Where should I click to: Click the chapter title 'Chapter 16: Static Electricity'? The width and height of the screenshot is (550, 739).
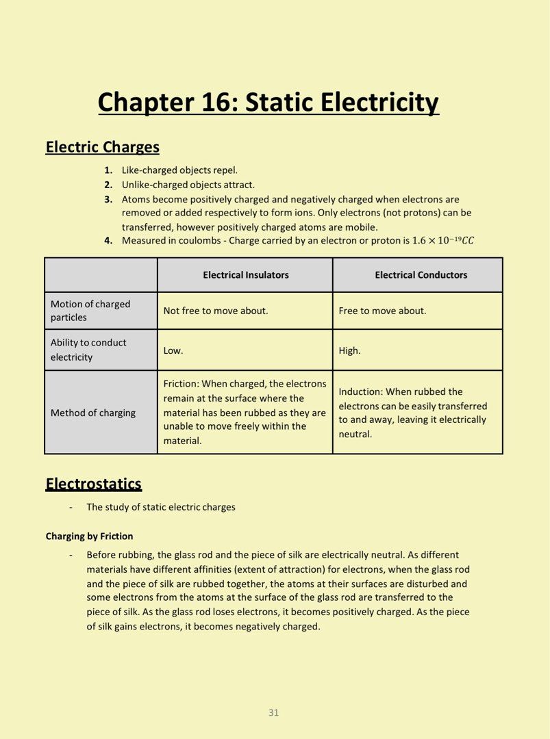268,103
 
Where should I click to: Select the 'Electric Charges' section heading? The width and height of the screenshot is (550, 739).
102,147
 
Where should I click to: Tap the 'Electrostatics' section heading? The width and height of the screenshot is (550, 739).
93,484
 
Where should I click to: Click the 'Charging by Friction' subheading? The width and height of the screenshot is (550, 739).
89,536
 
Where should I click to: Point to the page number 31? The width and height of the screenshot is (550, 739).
273,712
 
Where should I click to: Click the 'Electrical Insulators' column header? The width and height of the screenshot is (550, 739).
245,275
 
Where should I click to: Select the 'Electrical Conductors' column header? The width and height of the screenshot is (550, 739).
421,275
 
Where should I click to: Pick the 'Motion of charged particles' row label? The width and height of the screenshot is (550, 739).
90,311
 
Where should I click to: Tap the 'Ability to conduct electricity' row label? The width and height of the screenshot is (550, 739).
88,350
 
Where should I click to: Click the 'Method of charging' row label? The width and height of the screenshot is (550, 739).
93,413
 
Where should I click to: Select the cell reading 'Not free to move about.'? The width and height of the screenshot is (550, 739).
216,311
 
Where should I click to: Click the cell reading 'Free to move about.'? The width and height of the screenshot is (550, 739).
382,311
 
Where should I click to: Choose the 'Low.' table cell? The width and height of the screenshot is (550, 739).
173,350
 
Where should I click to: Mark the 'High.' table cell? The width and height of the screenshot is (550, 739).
349,350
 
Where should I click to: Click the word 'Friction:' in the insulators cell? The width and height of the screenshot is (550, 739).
181,384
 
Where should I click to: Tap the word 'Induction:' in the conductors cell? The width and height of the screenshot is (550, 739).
360,391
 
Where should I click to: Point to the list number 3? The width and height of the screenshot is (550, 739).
108,200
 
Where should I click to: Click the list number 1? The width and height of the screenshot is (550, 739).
108,170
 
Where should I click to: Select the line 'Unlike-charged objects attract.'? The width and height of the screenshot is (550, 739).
188,185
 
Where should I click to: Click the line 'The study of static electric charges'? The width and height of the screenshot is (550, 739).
161,507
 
